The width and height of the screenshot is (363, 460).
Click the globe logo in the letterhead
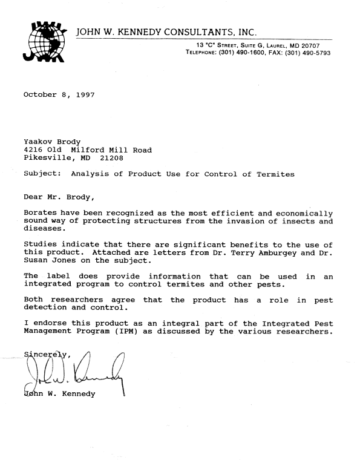(x=46, y=42)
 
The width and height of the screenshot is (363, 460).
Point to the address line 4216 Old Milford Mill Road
(x=87, y=150)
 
